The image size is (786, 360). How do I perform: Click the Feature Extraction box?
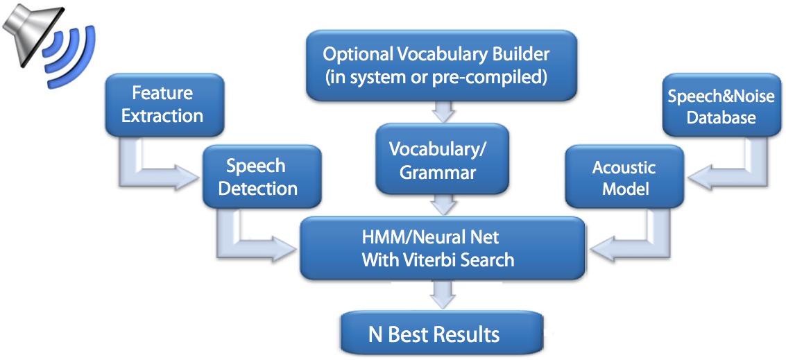point(164,105)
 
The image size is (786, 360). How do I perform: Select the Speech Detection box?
point(261,176)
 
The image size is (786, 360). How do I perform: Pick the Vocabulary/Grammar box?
point(442,160)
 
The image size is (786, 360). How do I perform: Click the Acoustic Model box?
point(624,176)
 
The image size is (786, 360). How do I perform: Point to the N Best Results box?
point(442,333)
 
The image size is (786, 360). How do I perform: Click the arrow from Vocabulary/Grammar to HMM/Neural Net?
point(442,204)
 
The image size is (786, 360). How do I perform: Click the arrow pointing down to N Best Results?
point(442,294)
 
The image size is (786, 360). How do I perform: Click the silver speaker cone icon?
point(31,35)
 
